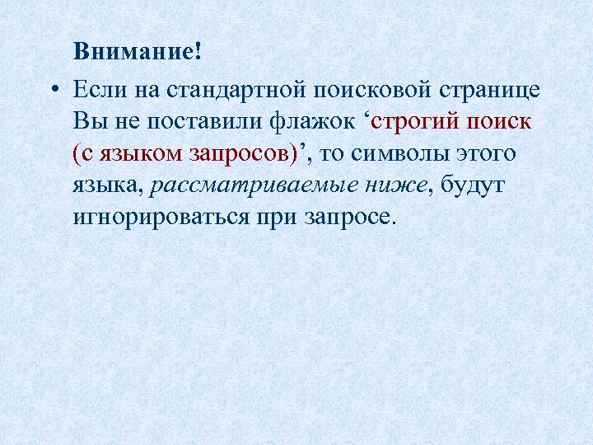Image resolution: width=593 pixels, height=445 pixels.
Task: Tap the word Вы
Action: (86, 121)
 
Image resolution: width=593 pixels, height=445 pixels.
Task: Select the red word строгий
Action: (415, 121)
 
